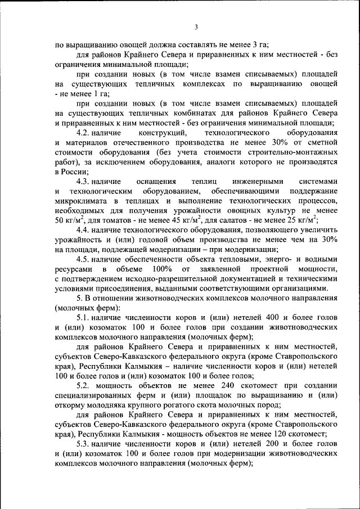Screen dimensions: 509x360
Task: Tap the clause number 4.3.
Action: click(x=83, y=181)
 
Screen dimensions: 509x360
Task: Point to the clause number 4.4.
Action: click(x=83, y=229)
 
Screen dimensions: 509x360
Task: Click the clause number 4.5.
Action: click(x=83, y=259)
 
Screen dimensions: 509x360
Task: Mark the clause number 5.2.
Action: click(x=83, y=386)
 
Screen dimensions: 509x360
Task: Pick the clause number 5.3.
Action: click(x=83, y=444)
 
